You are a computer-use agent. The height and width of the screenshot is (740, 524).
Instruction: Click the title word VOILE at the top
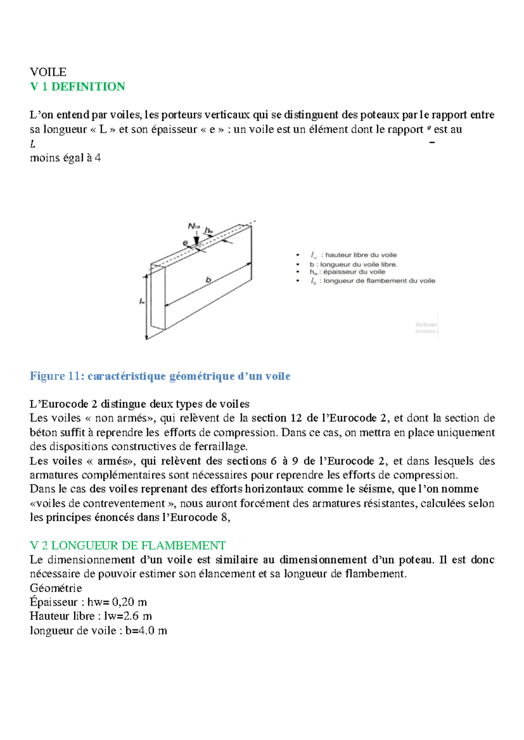click(x=48, y=72)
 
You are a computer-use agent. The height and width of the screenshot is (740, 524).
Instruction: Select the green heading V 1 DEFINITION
click(x=78, y=86)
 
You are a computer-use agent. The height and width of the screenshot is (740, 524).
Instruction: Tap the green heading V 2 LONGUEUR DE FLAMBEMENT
click(x=128, y=545)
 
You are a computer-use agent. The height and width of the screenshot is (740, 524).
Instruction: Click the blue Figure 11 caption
click(x=160, y=376)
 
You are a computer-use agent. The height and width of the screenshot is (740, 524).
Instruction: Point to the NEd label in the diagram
click(x=193, y=226)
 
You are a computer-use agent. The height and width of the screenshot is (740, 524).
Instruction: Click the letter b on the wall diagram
click(x=209, y=280)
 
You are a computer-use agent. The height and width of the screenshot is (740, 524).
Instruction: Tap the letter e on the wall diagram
click(x=185, y=243)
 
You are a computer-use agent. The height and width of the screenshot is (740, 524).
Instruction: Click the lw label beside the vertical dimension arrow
click(x=142, y=301)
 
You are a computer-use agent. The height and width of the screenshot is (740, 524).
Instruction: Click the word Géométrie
click(x=56, y=588)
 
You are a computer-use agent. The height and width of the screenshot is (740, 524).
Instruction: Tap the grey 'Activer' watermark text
click(x=426, y=325)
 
